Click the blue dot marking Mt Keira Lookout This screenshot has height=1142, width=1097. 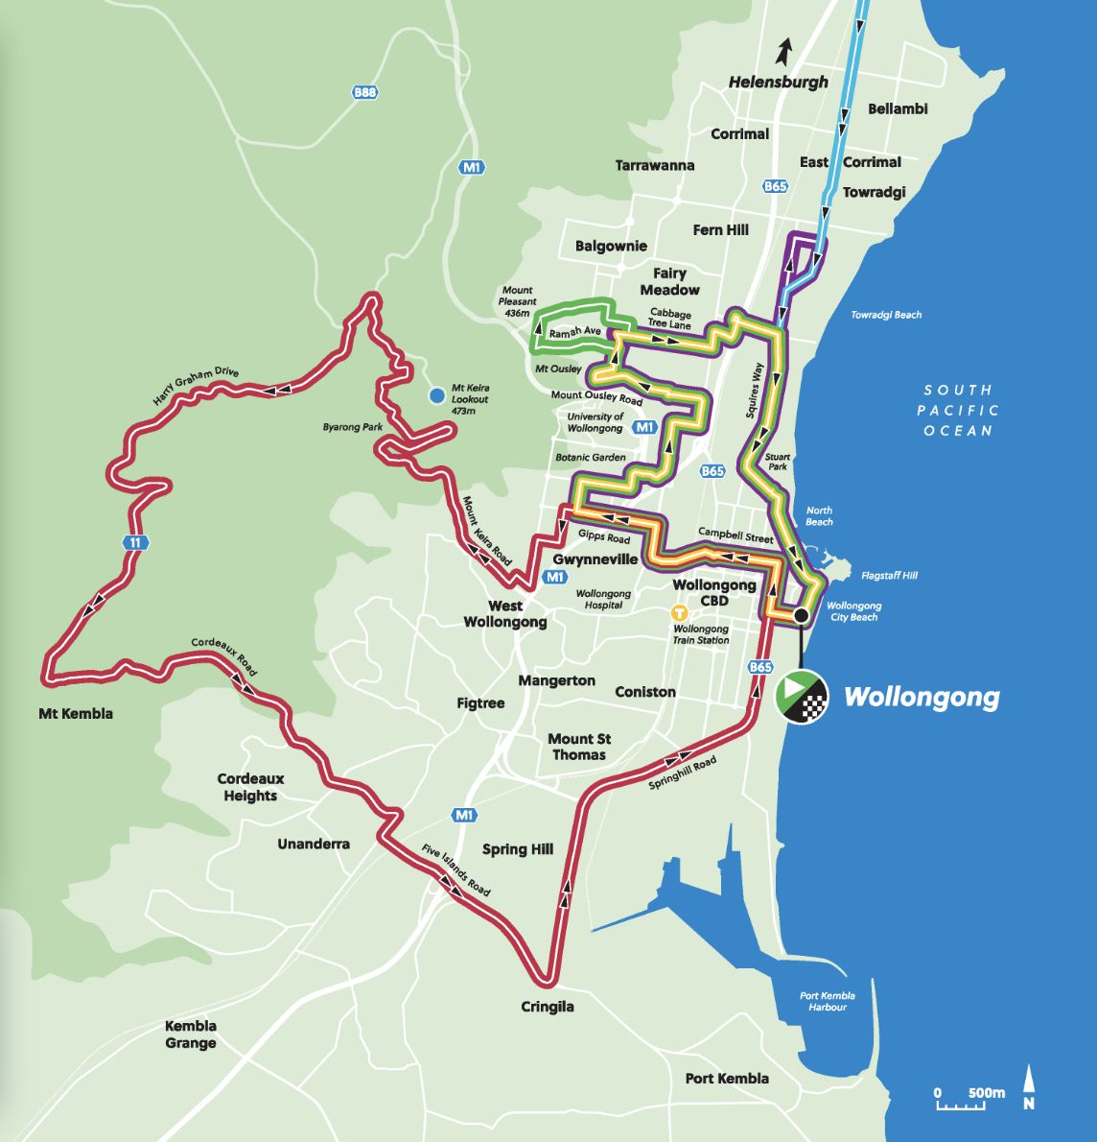pos(437,394)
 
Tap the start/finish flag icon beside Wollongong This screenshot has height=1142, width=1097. pos(801,696)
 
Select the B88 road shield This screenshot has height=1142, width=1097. pos(365,92)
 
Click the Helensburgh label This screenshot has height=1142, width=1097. pos(778,82)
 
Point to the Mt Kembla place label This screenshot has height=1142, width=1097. pos(76,713)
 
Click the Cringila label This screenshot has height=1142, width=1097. pos(548,1007)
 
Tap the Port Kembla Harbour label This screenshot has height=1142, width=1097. pos(827,1001)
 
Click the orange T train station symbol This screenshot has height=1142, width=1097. pos(680,612)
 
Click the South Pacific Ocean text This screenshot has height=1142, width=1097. pos(958,410)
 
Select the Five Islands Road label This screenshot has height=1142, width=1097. pos(456,871)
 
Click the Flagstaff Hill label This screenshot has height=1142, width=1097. pos(889,576)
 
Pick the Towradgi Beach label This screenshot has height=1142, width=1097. pos(886,315)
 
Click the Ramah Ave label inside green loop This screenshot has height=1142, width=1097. pos(575,331)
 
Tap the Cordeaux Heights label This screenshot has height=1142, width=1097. pos(250,787)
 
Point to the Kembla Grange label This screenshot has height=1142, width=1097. pos(191,1035)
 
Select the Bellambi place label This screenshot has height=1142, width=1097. pos(898,108)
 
